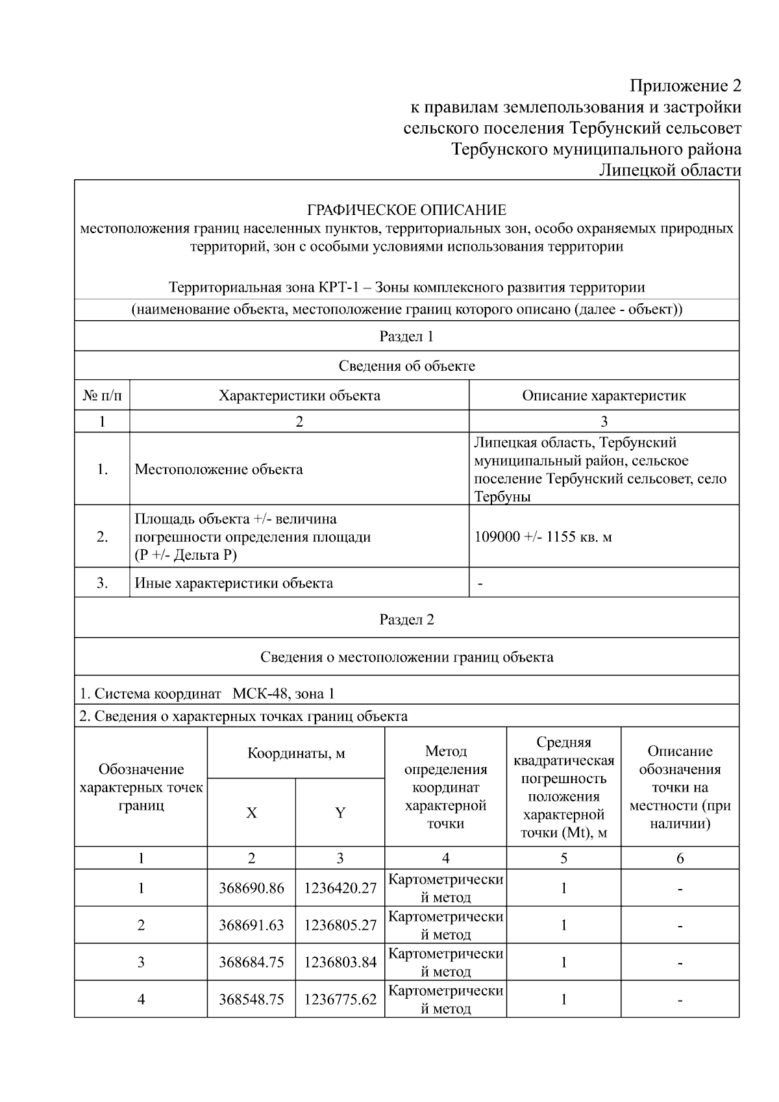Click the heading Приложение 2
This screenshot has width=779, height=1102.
point(685,86)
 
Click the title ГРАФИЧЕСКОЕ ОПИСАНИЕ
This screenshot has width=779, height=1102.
point(406,210)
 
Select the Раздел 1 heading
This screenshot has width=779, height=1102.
point(406,336)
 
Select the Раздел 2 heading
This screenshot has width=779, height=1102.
point(406,620)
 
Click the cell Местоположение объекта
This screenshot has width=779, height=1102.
point(218,470)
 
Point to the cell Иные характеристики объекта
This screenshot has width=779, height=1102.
point(234,583)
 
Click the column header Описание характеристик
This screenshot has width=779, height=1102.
point(604,395)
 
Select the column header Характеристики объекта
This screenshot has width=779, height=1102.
point(299,395)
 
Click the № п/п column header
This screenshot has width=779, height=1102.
point(102,395)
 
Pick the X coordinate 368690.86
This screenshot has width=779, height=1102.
point(251,888)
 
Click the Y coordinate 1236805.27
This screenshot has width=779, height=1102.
point(340,925)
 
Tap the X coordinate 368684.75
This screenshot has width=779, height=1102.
point(251,962)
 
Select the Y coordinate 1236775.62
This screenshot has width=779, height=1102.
point(340,999)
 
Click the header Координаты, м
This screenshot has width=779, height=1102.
point(296,753)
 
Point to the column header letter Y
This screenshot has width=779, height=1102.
point(340,813)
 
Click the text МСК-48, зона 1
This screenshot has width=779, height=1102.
point(283,694)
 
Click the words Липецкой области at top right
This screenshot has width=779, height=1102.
point(669,170)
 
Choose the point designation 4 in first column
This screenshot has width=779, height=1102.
point(141,999)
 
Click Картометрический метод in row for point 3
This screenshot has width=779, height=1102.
point(445,962)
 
